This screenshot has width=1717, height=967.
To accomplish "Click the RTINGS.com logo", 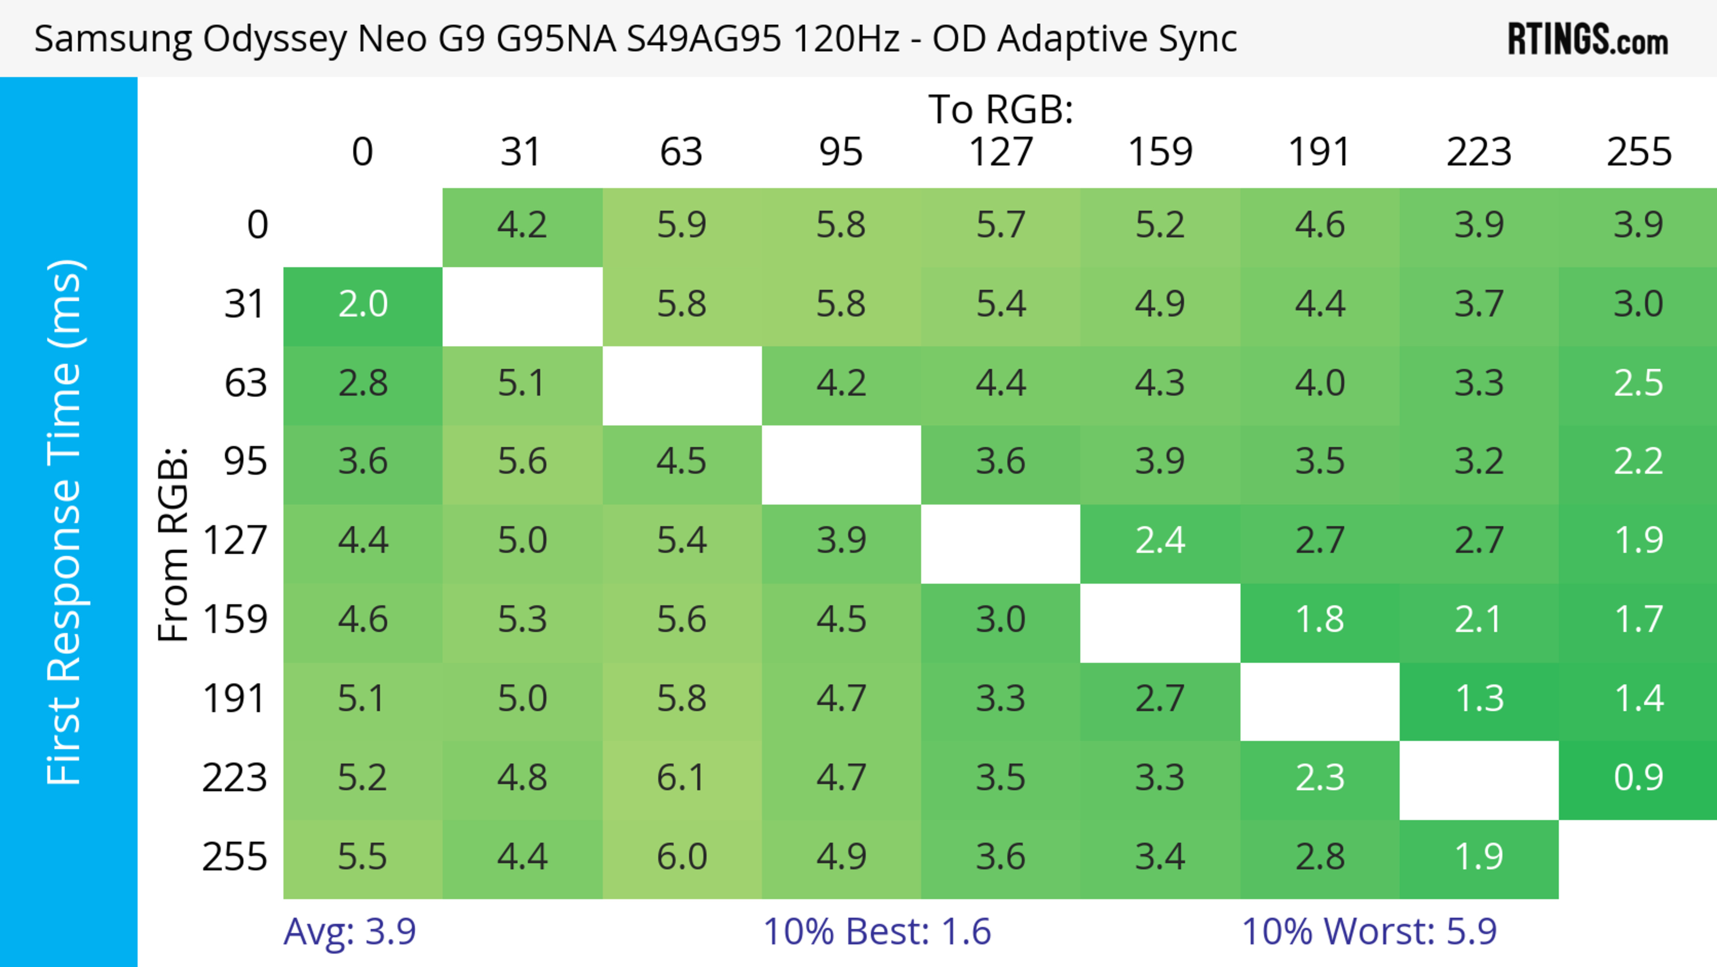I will click(1588, 39).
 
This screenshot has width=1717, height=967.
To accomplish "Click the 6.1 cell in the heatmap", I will click(681, 778).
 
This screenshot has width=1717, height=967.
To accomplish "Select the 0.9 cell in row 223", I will click(1638, 778).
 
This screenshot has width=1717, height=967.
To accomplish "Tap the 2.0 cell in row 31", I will click(363, 305).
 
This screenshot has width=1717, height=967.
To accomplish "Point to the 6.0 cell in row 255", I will click(681, 857).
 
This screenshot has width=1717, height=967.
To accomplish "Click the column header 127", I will click(1001, 152).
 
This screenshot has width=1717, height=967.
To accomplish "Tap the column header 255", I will click(1638, 152).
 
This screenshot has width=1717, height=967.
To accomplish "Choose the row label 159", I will click(235, 620).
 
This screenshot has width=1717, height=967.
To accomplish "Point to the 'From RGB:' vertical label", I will click(173, 544).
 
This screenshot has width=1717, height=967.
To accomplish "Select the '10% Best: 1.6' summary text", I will click(876, 932).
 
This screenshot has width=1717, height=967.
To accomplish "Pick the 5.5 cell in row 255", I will click(363, 857).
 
